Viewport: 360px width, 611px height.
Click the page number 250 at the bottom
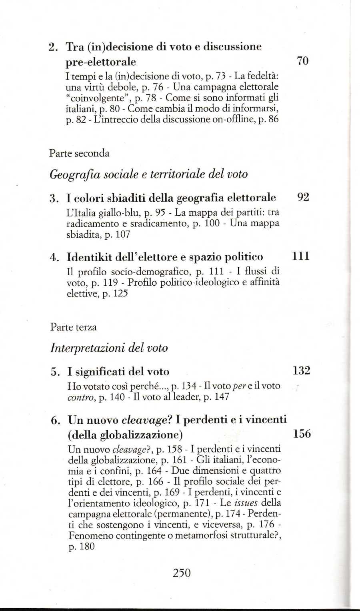tap(182, 573)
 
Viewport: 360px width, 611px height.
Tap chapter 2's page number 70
tap(303, 61)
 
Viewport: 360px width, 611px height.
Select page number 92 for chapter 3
tap(303, 197)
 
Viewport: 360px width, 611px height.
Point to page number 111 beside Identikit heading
tap(301, 256)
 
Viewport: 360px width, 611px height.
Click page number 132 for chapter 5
tap(301, 371)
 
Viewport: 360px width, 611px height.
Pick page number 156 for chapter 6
tap(302, 434)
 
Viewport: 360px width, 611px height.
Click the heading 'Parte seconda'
tap(79, 153)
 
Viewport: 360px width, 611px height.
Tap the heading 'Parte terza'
tap(73, 327)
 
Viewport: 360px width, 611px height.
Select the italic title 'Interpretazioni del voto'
tap(109, 348)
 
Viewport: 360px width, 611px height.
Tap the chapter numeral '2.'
tap(54, 47)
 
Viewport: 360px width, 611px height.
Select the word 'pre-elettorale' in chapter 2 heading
tap(101, 62)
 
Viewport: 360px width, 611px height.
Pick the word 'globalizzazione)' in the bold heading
tap(141, 435)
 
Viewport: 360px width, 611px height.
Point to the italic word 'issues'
tap(245, 503)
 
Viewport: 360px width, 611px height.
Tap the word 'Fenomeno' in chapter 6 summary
tap(88, 535)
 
